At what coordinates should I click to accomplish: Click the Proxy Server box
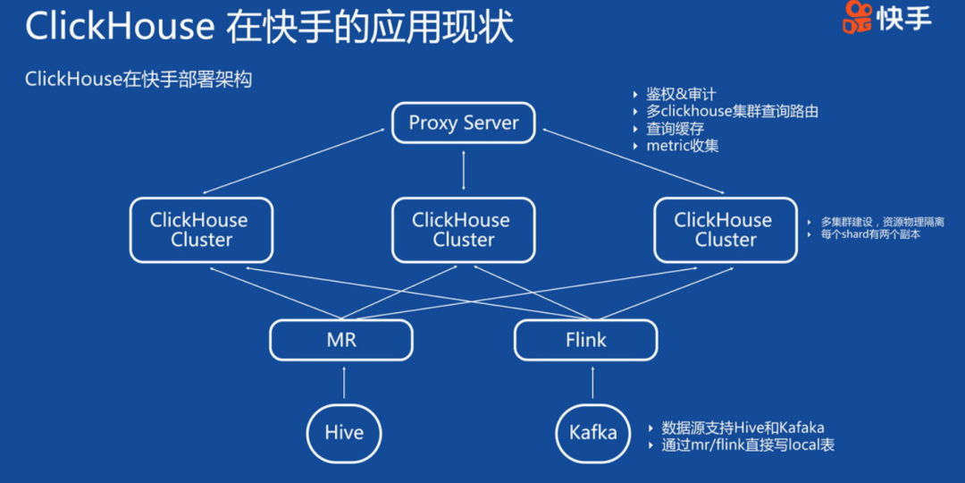click(464, 123)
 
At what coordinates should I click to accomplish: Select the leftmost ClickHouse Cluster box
click(200, 230)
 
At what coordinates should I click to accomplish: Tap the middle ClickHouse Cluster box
click(464, 230)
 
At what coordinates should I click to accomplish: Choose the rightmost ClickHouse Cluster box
click(726, 230)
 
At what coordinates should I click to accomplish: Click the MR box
click(341, 340)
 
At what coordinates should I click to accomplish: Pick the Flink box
click(585, 340)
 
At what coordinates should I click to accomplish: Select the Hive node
click(344, 433)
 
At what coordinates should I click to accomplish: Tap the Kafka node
click(592, 433)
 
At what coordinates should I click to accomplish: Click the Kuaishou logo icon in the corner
click(858, 18)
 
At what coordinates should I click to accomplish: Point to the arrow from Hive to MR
click(344, 382)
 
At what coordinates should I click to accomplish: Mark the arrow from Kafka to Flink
click(592, 382)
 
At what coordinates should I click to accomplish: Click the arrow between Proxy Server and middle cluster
click(464, 170)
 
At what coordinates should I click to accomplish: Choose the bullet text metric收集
click(682, 146)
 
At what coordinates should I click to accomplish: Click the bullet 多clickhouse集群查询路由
click(732, 112)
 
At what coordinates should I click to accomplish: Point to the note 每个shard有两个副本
click(870, 234)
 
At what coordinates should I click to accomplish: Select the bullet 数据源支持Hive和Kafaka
click(743, 428)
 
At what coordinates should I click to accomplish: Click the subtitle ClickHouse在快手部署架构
click(138, 80)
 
